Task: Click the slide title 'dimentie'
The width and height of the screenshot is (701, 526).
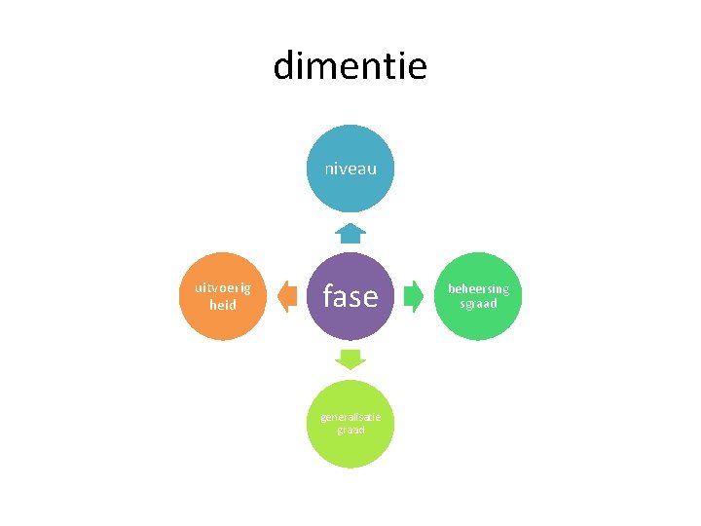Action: click(x=350, y=65)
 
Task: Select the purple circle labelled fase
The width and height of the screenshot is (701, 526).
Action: click(x=350, y=296)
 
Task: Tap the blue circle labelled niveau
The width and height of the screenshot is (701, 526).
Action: click(x=350, y=169)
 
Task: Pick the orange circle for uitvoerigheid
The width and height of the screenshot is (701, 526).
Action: click(x=223, y=296)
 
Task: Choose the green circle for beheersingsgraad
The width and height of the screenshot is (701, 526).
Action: click(x=478, y=296)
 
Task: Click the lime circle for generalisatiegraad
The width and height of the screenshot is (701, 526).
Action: click(x=350, y=424)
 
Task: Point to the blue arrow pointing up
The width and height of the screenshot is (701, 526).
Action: click(x=350, y=233)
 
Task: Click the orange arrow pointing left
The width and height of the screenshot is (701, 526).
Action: click(x=287, y=296)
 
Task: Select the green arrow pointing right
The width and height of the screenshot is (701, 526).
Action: click(x=414, y=296)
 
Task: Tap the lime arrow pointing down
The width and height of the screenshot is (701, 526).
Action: click(x=350, y=359)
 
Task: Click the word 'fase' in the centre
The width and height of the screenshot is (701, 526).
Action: click(x=350, y=295)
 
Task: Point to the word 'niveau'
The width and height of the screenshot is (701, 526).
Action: click(x=350, y=169)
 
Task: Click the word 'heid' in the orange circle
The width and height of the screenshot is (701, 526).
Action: click(x=223, y=305)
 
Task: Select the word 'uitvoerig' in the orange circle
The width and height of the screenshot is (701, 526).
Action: click(x=223, y=288)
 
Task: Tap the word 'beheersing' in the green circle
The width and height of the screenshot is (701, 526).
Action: click(x=478, y=289)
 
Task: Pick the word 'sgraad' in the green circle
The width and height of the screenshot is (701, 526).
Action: click(x=478, y=304)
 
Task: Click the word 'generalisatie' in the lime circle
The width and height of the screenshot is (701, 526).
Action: click(x=350, y=417)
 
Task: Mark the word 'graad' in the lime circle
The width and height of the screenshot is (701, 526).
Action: click(x=350, y=430)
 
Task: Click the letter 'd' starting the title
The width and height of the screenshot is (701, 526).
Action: click(x=282, y=65)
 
